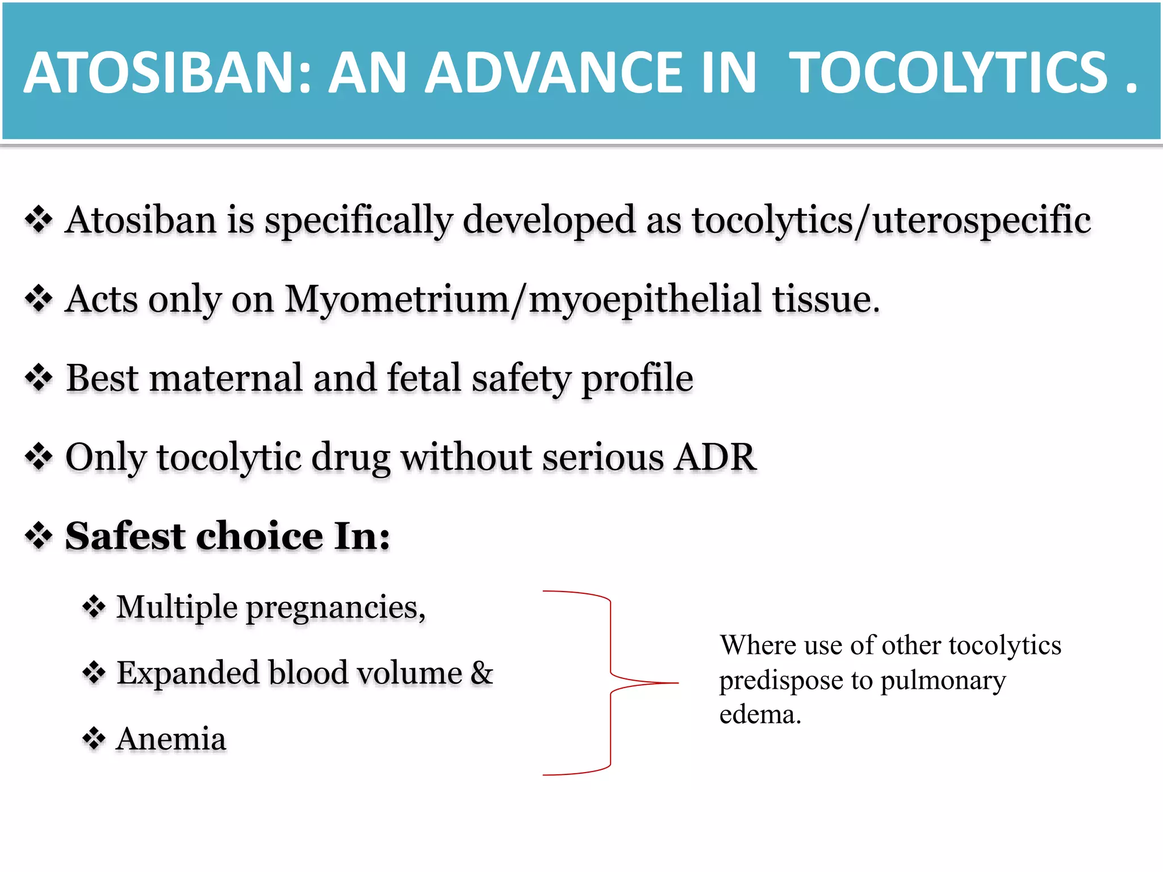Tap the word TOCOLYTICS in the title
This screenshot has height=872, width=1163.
click(948, 73)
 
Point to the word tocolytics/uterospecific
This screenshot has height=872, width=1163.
click(891, 220)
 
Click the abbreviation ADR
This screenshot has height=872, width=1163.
click(715, 456)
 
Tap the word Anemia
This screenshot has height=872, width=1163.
click(171, 739)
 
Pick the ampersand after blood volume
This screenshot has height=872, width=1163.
click(482, 673)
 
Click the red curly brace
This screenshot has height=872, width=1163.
click(610, 683)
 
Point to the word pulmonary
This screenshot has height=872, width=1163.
click(943, 681)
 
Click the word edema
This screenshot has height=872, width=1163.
click(760, 715)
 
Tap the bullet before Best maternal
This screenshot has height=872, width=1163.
click(39, 378)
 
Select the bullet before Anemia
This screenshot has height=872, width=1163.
click(94, 739)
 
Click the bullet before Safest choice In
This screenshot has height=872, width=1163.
click(39, 536)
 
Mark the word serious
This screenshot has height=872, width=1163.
click(603, 456)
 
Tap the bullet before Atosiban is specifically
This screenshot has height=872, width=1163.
click(39, 220)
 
